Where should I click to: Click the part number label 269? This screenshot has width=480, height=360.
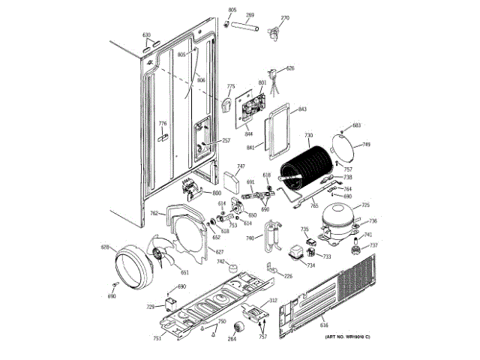pyautogui.click(x=250, y=15)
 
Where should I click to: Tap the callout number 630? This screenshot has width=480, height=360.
pyautogui.click(x=147, y=35)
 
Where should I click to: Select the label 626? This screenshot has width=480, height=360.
pyautogui.click(x=290, y=68)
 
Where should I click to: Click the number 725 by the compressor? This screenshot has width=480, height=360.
pyautogui.click(x=366, y=205)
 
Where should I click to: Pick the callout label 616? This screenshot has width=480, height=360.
pyautogui.click(x=324, y=324)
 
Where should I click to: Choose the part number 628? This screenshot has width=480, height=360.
pyautogui.click(x=106, y=247)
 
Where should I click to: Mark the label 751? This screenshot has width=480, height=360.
pyautogui.click(x=157, y=339)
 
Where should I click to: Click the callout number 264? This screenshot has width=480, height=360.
pyautogui.click(x=232, y=340)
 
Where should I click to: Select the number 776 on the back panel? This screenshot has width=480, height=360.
pyautogui.click(x=162, y=123)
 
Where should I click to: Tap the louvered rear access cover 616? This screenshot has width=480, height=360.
pyautogui.click(x=345, y=300)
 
